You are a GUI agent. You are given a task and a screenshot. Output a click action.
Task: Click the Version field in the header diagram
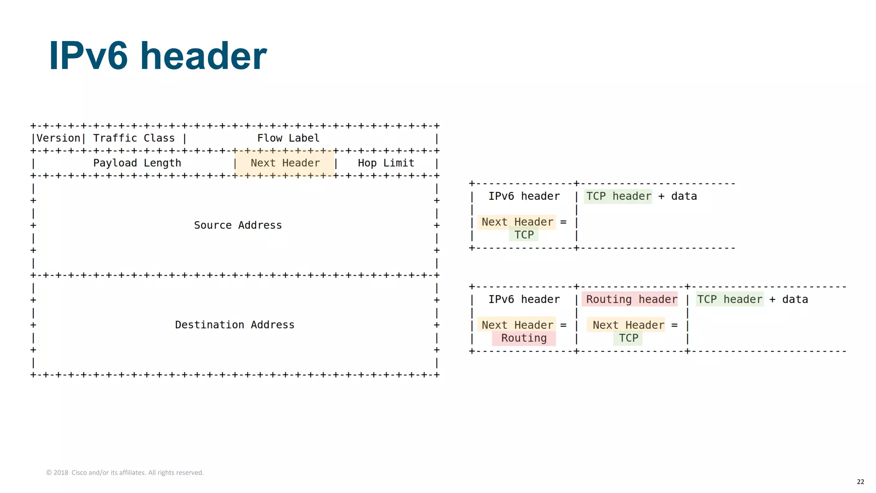(58, 138)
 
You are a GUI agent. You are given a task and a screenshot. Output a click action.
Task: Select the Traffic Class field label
(134, 138)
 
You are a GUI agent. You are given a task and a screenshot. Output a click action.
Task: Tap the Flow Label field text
(288, 138)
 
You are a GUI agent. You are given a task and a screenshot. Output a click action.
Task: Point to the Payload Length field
(137, 163)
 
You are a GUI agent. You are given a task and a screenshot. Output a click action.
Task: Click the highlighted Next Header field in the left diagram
(285, 163)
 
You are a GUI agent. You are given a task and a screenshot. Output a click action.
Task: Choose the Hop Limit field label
(386, 163)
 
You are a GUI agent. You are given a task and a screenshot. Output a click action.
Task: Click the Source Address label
(238, 225)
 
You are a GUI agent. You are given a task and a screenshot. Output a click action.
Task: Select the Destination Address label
(234, 325)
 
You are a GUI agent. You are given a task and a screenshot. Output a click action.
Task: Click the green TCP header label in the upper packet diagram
(618, 196)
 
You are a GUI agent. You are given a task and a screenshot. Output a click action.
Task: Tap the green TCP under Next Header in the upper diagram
(524, 235)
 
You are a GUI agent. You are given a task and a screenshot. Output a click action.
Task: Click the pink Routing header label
(631, 300)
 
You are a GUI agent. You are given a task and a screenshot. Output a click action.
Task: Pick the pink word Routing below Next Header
(524, 338)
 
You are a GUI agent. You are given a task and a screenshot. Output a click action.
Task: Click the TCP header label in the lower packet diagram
(730, 300)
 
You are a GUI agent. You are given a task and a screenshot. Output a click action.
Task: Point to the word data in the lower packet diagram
(795, 300)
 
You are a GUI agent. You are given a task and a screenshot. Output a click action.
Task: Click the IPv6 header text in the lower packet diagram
(524, 300)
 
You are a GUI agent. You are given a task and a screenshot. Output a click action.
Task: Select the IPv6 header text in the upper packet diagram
(524, 196)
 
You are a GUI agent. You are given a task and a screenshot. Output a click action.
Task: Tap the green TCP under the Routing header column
(628, 338)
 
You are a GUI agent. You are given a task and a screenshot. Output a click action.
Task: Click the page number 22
(860, 482)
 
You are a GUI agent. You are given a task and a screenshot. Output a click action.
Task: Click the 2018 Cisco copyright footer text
(125, 472)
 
